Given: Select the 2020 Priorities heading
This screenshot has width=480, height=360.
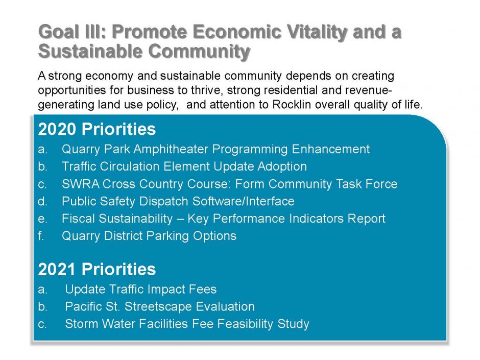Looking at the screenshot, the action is click(97, 129).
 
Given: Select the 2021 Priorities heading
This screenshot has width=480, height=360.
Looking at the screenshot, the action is click(97, 269).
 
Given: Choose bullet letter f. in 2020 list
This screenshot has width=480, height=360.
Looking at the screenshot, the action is click(41, 236).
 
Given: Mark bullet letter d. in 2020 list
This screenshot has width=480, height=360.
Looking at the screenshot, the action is click(42, 201).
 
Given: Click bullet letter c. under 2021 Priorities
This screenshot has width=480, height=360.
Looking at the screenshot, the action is click(42, 324).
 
